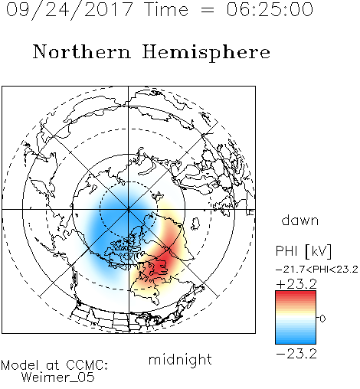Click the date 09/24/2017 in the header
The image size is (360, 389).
point(69,10)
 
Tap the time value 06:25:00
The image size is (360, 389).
point(270,9)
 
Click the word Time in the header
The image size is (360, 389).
point(166,9)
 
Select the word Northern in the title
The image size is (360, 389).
point(81,51)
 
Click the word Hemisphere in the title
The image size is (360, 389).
point(206,53)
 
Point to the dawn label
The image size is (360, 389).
point(300,220)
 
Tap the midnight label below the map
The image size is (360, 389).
point(180,359)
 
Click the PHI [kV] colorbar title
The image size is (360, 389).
point(303,251)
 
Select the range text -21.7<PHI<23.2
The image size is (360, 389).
point(317,270)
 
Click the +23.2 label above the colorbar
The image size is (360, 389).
point(296,284)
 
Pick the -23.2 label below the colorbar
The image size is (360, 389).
point(296,354)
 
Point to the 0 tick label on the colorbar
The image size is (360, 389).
point(322,319)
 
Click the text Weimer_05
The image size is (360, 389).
point(58,378)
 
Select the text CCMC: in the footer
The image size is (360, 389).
point(87,365)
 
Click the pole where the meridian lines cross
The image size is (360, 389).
point(129,209)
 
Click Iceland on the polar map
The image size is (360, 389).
point(195,224)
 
